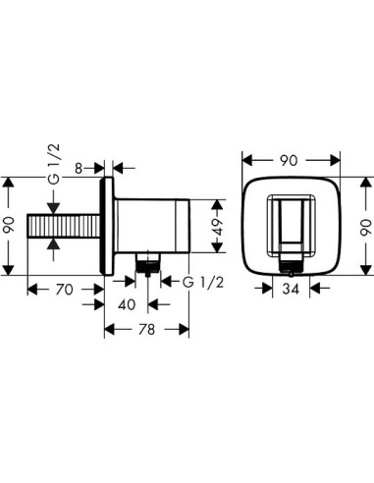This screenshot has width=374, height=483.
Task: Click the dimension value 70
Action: [x=64, y=290]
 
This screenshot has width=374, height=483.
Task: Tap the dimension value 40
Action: [x=126, y=304]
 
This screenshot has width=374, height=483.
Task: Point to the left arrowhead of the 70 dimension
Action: [x=30, y=290]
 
